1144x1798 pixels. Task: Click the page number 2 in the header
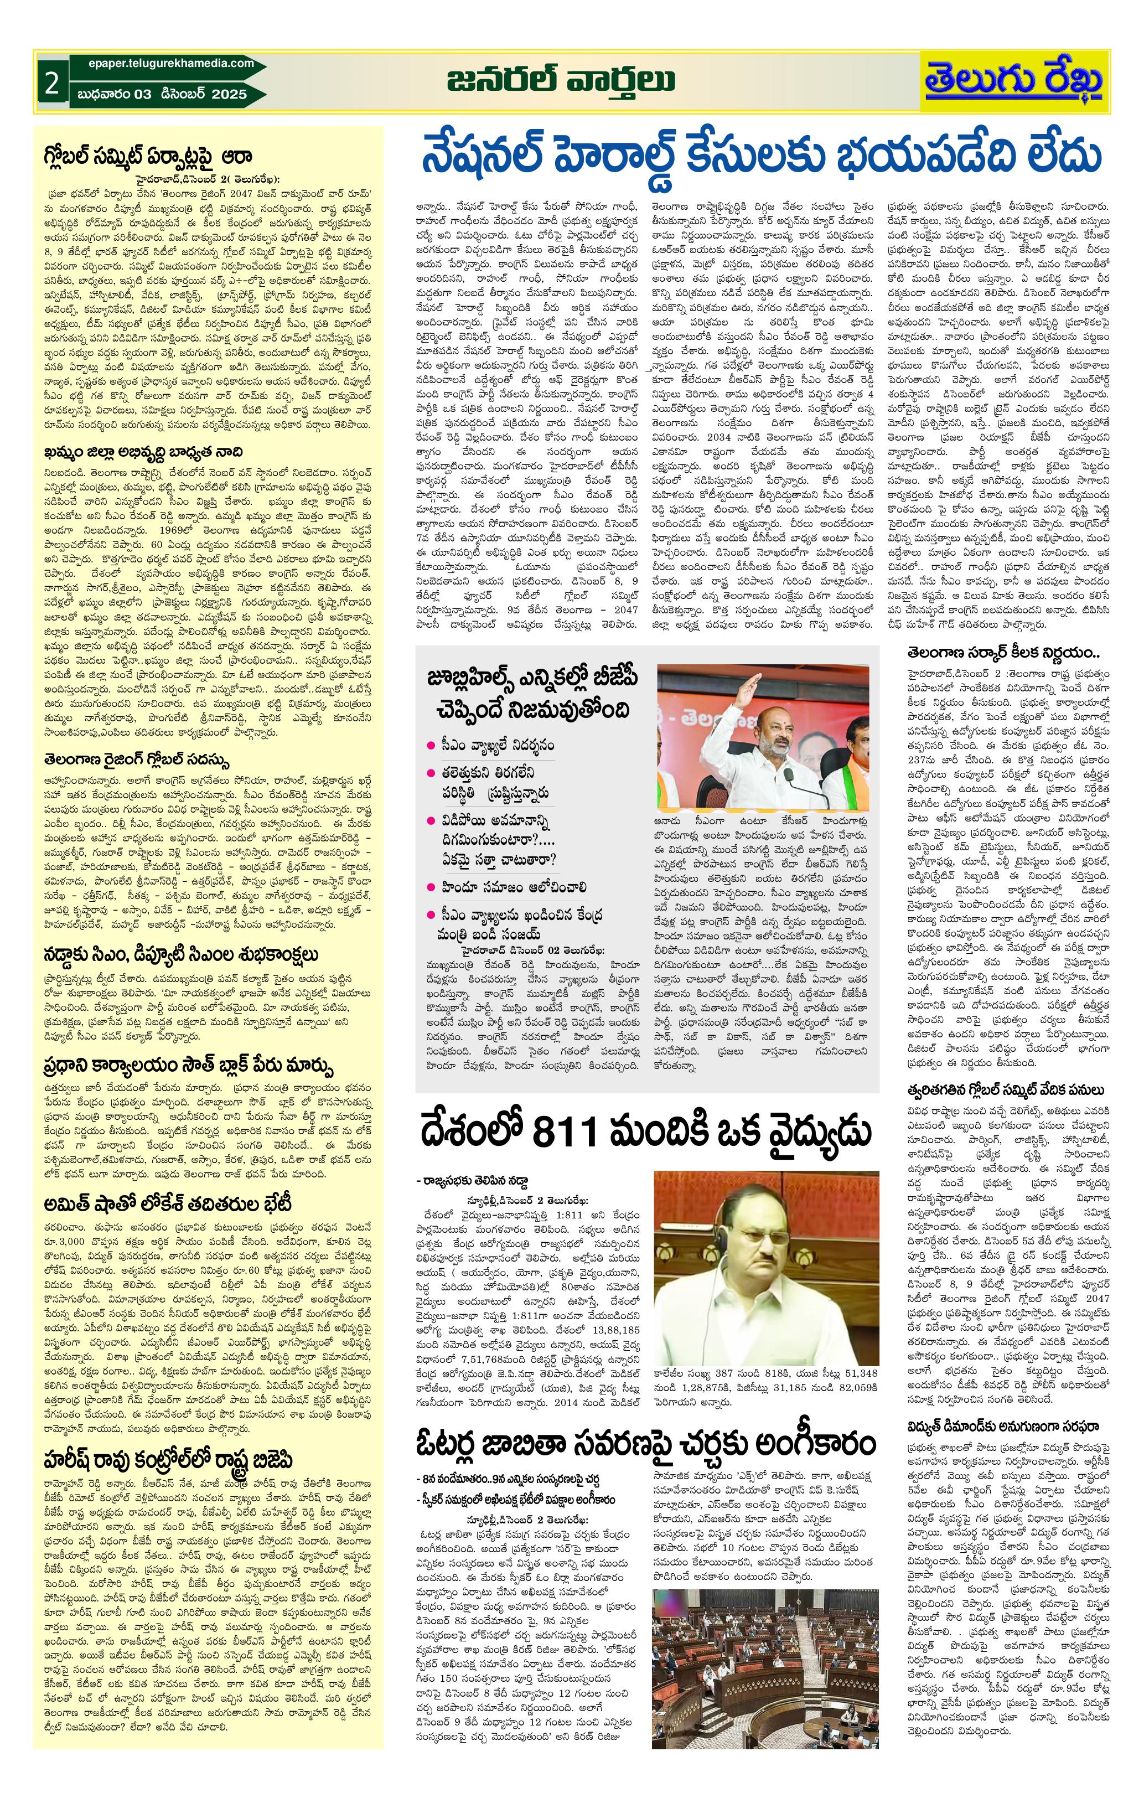coord(51,83)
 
